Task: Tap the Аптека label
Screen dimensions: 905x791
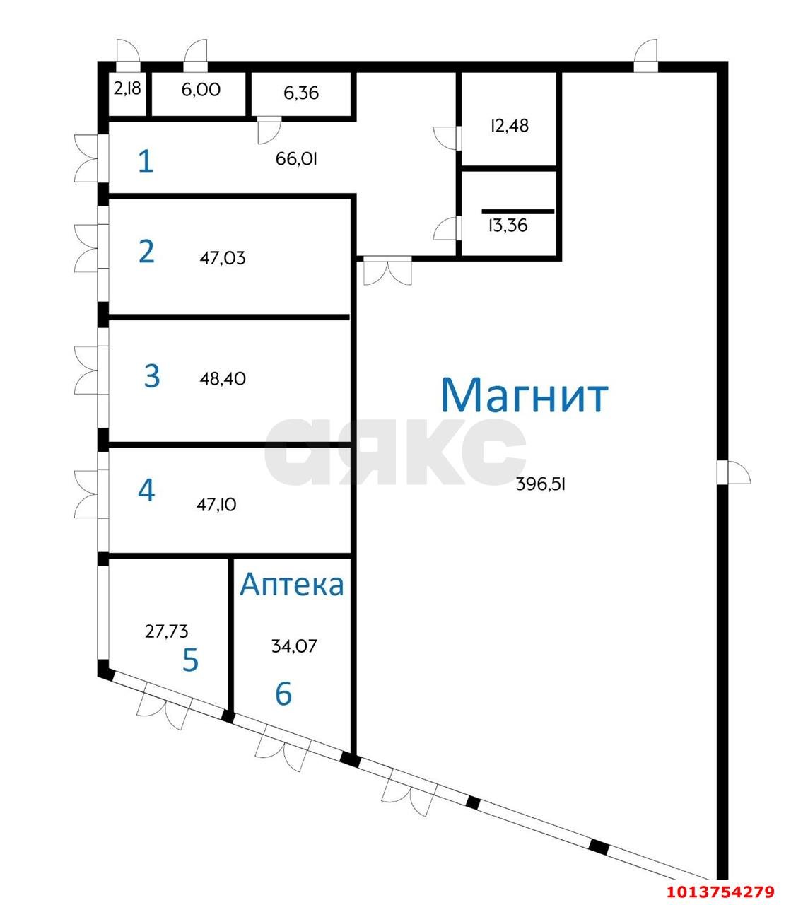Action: point(292,585)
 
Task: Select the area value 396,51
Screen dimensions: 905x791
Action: point(541,484)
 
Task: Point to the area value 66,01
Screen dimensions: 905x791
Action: point(296,159)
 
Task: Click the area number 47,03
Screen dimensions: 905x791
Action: point(223,258)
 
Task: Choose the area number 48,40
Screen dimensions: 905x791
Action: point(223,379)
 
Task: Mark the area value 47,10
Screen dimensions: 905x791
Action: point(216,505)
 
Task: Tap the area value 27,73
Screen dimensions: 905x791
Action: point(167,631)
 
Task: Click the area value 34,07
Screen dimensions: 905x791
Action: point(295,646)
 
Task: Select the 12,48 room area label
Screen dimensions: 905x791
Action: point(509,126)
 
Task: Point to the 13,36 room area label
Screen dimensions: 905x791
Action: point(508,226)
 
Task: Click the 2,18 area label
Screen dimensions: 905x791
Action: point(127,89)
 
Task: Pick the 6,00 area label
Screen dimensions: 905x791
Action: point(201,89)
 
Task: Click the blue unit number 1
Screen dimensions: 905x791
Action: point(145,162)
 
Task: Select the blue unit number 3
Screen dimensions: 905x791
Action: point(151,376)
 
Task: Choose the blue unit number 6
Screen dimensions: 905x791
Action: point(283,694)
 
